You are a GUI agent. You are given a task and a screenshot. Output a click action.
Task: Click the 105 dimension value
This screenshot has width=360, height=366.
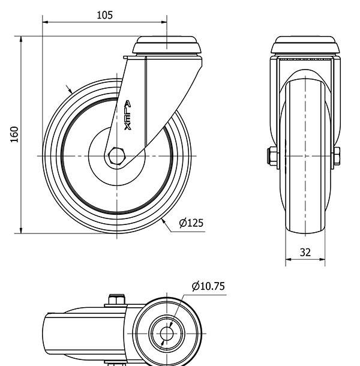tap(104, 15)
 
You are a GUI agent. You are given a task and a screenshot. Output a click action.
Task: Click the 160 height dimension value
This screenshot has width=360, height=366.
tap(14, 134)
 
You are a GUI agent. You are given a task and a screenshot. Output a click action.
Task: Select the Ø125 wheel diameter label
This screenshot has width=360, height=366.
tap(191, 223)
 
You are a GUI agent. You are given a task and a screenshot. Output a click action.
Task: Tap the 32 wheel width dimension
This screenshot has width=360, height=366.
tap(305, 253)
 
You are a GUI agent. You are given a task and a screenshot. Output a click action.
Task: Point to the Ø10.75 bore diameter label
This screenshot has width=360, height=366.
tap(208, 286)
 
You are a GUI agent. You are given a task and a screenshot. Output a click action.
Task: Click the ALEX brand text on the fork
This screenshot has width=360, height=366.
tap(127, 115)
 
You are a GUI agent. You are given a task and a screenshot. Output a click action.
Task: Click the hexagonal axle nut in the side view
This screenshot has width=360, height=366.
tap(117, 156)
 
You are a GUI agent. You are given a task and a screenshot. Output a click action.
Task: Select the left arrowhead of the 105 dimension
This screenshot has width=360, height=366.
tap(45, 22)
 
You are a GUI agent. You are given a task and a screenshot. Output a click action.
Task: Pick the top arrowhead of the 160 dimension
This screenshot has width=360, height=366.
tap(21, 39)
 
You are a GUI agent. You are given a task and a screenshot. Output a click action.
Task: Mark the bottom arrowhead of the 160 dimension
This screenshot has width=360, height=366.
tap(21, 230)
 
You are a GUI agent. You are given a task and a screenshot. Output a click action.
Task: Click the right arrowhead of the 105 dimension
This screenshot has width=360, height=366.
tap(164, 22)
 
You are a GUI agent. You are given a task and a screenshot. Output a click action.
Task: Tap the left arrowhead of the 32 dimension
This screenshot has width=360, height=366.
tap(289, 259)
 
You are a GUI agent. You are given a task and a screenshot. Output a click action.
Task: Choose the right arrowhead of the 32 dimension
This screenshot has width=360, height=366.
tap(322, 259)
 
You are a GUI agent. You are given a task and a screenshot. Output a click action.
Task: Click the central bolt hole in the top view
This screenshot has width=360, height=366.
tap(167, 334)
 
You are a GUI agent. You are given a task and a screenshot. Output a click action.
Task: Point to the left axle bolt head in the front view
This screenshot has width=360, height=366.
tap(272, 156)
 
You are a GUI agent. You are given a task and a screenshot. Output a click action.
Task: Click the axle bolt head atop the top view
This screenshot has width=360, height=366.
tap(116, 300)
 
